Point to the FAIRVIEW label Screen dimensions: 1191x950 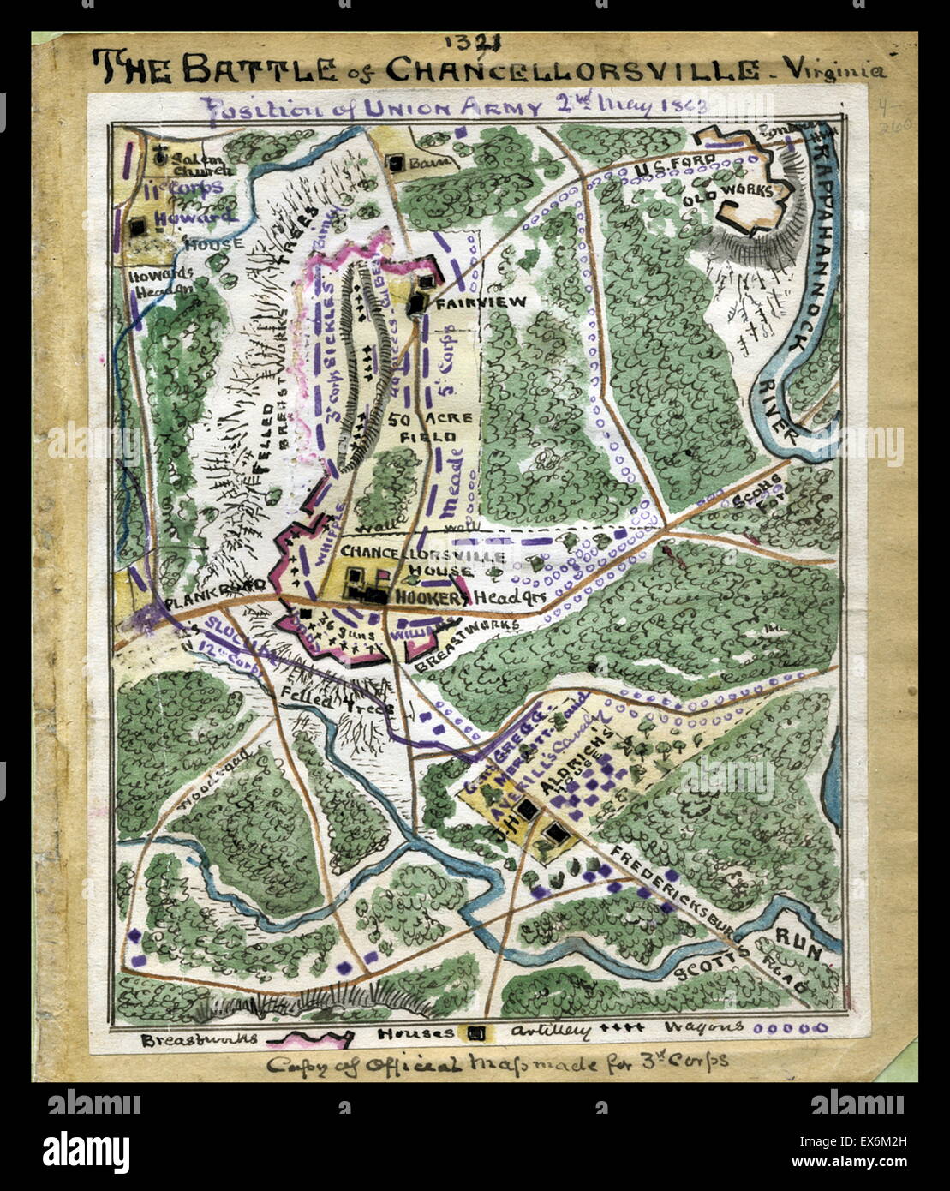click(469, 303)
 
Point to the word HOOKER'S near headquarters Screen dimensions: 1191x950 click(431, 598)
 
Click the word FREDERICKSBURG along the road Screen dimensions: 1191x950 click(671, 891)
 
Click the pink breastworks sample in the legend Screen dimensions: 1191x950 click(310, 1038)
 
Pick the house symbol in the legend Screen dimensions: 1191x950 click(476, 1034)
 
